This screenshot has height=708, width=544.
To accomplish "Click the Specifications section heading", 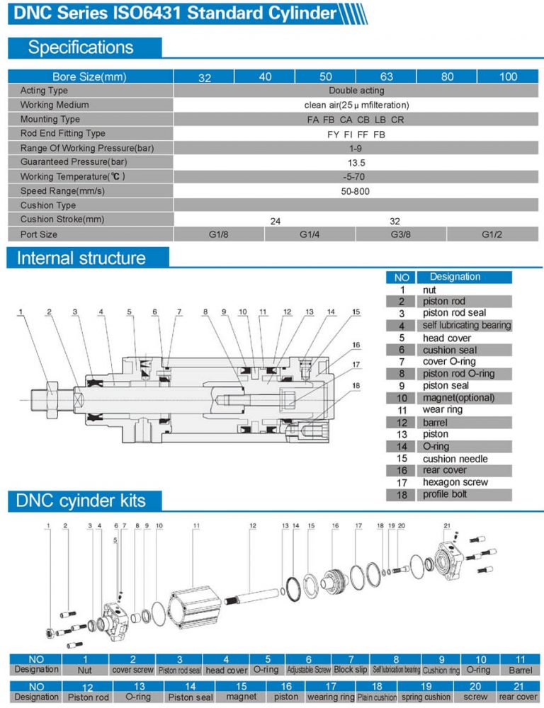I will (x=81, y=47).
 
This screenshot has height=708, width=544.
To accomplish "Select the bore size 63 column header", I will (x=386, y=76).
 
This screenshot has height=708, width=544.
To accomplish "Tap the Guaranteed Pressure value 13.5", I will (x=356, y=162).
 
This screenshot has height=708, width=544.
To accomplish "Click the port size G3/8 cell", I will (x=401, y=234).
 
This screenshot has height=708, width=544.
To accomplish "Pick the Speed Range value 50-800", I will (x=356, y=191).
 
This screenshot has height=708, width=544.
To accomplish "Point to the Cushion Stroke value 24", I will (x=276, y=221).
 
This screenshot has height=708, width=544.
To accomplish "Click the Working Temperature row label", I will (x=76, y=176).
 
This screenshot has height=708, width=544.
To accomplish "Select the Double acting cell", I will (x=356, y=91).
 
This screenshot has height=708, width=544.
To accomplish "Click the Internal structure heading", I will (x=81, y=258).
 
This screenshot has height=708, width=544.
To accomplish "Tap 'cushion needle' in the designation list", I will (x=455, y=459).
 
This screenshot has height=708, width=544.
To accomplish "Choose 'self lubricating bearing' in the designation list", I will (x=466, y=325).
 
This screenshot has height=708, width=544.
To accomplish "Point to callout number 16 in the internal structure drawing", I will (x=356, y=345).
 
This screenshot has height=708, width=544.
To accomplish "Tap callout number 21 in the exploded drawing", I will (x=446, y=525).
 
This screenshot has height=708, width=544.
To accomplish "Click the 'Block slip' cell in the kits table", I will (x=350, y=669).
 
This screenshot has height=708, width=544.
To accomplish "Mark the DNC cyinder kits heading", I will (x=81, y=501).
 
